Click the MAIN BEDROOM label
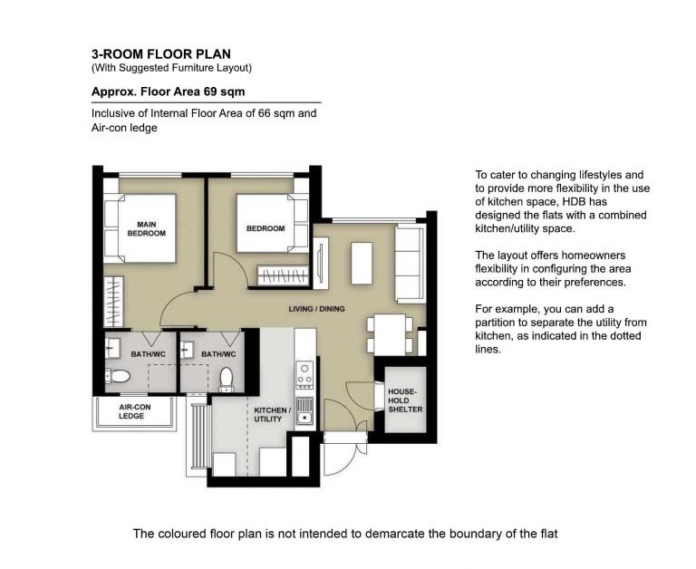[x=147, y=228]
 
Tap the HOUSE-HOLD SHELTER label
[x=405, y=400]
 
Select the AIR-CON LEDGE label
[x=134, y=411]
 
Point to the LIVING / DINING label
[x=316, y=309]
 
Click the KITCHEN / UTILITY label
[x=273, y=415]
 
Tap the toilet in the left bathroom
[x=118, y=377]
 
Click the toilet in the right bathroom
[x=227, y=380]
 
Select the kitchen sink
[x=304, y=411]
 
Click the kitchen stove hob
[x=304, y=375]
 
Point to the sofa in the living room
[x=411, y=264]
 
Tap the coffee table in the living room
[x=362, y=263]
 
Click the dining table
[x=391, y=333]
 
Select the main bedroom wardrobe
[x=113, y=302]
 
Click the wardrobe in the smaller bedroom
[x=283, y=275]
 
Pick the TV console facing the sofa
[x=321, y=264]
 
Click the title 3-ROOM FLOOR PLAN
[x=161, y=54]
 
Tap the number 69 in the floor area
[x=210, y=92]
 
